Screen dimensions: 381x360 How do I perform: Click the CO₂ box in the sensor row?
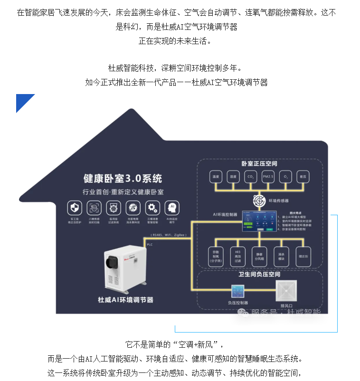pos(250,177)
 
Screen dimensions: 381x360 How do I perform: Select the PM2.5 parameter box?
pos(267,177)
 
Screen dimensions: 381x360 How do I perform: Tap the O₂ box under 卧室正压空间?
pos(285,177)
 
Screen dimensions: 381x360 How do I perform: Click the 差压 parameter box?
pos(303,177)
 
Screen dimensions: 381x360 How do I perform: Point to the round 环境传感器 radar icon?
pos(259,200)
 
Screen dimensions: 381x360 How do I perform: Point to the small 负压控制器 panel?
pos(237,291)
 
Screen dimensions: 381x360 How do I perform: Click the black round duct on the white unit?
pos(113,261)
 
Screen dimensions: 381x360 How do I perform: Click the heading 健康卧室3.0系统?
pos(123,179)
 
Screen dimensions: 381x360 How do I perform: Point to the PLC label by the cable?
pos(150,244)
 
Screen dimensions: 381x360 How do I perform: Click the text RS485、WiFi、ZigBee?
pos(169,234)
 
